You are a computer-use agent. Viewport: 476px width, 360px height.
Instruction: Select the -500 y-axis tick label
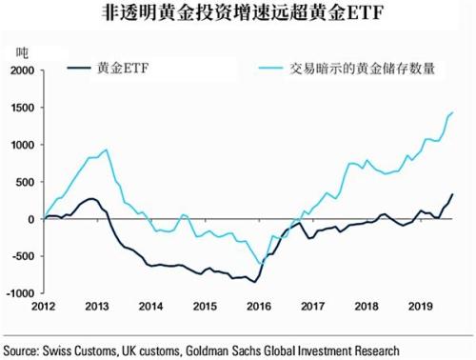point(19,256)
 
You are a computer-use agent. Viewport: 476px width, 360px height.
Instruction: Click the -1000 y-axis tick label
point(17,293)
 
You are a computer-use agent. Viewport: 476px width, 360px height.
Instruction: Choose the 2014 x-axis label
point(150,307)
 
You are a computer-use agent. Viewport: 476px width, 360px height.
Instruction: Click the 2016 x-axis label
point(258,307)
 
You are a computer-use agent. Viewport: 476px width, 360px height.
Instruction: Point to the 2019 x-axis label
point(420,307)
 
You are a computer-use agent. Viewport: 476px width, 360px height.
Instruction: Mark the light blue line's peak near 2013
point(105,150)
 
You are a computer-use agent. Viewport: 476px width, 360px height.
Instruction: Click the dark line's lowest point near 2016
point(254,282)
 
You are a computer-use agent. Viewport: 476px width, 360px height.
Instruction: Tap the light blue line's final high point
point(451,112)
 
